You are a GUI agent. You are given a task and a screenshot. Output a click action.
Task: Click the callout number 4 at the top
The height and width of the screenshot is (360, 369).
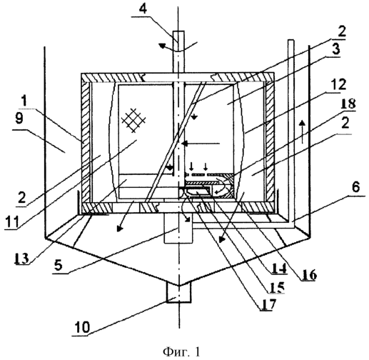click(143, 9)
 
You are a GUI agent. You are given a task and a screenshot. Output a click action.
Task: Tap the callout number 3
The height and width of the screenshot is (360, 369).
click(335, 50)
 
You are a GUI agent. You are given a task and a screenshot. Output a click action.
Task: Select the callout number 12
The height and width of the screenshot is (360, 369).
click(338, 85)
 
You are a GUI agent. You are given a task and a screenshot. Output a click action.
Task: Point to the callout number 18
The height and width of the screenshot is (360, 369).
click(348, 104)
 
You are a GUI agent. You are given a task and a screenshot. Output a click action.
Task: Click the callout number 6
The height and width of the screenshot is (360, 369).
click(355, 188)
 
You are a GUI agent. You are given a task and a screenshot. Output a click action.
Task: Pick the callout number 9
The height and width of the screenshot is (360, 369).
click(19, 119)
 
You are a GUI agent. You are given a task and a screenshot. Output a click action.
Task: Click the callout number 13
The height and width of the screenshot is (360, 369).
click(21, 258)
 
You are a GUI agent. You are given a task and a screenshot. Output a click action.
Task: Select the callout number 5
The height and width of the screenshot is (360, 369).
click(59, 265)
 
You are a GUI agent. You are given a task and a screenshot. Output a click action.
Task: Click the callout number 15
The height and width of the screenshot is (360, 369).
click(277, 287)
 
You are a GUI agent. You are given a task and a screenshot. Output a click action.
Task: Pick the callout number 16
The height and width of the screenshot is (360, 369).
click(308, 276)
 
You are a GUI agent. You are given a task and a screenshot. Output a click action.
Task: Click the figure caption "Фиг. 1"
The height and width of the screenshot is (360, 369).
click(182, 351)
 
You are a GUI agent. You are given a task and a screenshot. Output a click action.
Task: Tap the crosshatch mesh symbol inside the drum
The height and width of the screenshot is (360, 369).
click(133, 120)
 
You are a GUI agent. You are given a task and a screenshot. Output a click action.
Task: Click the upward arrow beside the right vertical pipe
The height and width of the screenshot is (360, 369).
click(302, 132)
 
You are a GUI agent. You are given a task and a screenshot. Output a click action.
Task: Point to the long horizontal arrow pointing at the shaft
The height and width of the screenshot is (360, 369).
click(201, 144)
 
